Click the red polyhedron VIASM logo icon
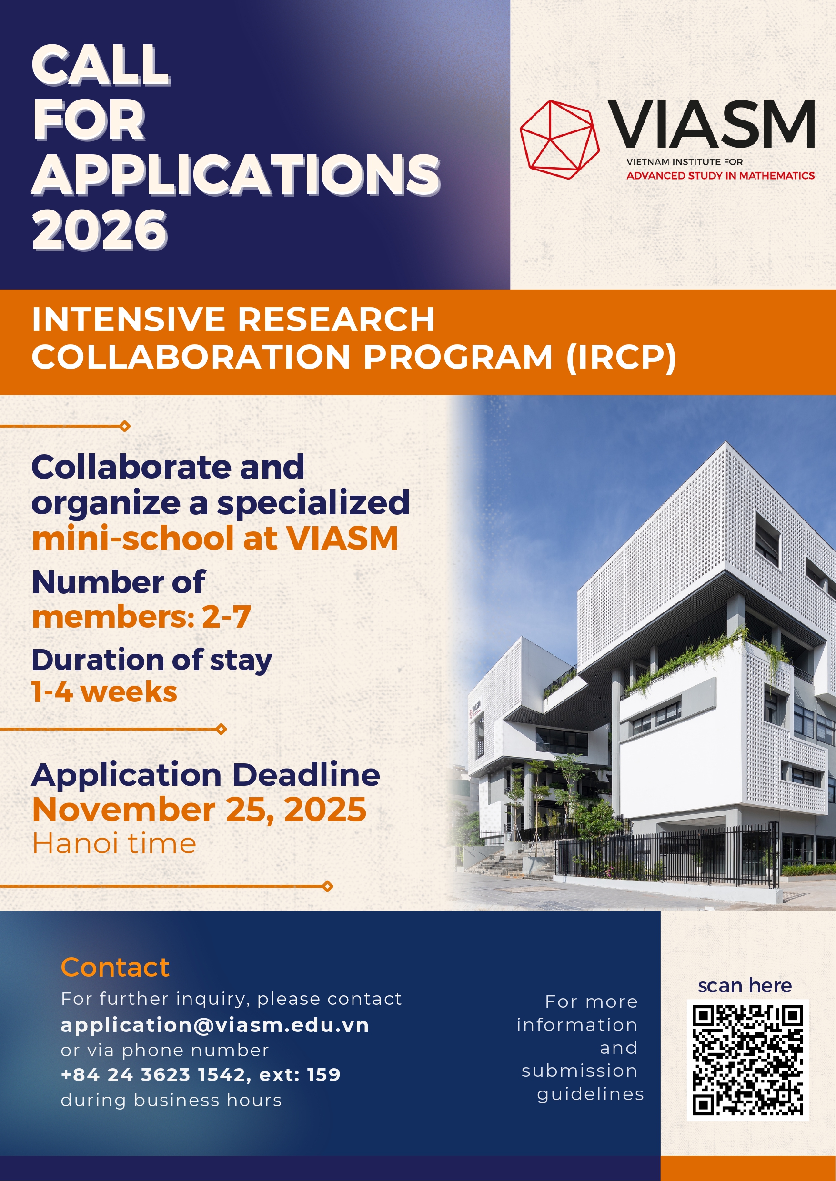tap(560, 140)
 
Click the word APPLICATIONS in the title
tap(236, 175)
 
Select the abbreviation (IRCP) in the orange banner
tap(620, 357)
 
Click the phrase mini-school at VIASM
tap(215, 538)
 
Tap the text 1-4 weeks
tap(104, 691)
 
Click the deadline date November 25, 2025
tap(199, 810)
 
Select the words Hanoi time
tap(114, 844)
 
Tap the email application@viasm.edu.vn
tap(215, 1024)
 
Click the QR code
tap(747, 1060)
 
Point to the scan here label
tap(745, 985)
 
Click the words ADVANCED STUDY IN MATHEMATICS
tap(720, 175)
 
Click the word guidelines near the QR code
tap(590, 1093)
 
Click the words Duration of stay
tap(152, 660)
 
